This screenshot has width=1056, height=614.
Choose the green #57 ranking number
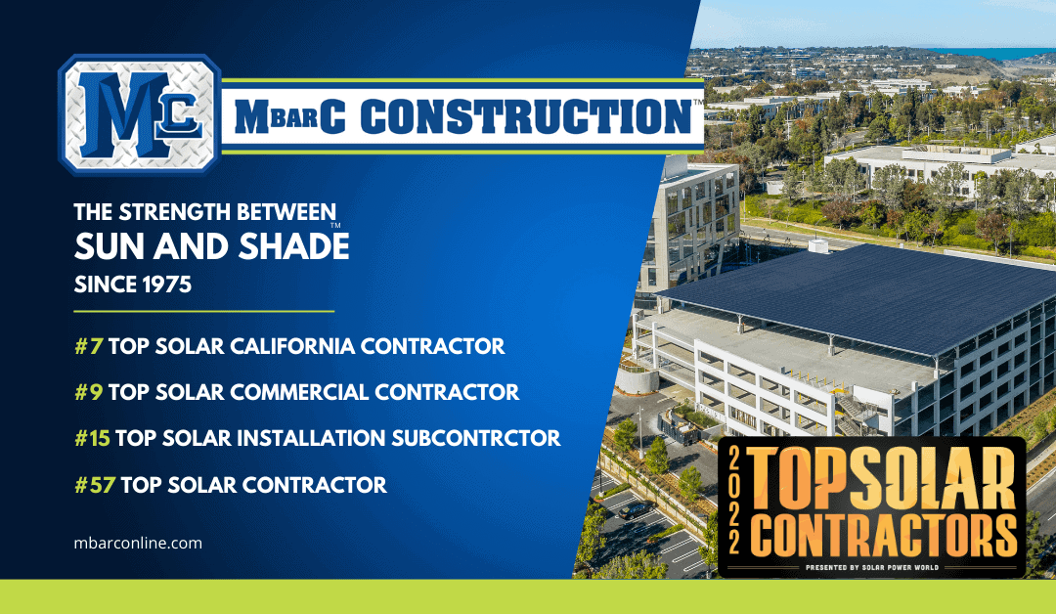coord(94,484)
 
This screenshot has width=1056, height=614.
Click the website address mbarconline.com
coord(138,543)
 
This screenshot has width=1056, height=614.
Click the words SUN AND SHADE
coord(211,247)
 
